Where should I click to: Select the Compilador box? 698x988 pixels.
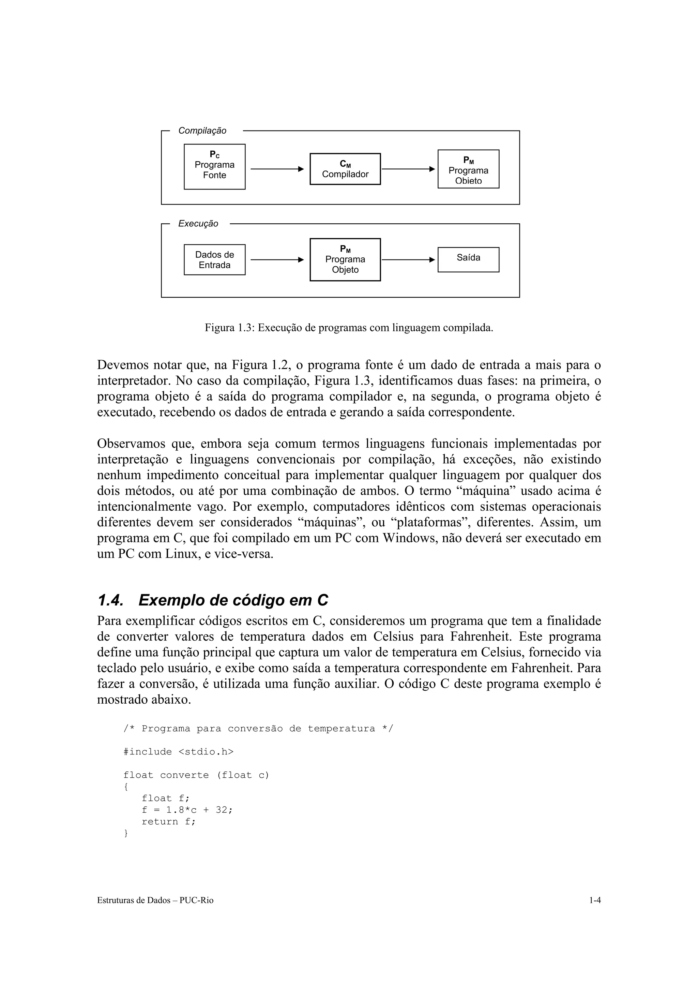tap(345, 169)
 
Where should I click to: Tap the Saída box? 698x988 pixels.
tap(468, 259)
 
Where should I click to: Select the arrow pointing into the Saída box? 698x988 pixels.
tap(408, 259)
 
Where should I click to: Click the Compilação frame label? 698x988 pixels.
tap(202, 130)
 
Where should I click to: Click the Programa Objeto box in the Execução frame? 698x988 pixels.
tap(345, 259)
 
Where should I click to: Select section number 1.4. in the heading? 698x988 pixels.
tap(110, 600)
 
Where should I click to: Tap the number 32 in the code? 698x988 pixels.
tap(221, 810)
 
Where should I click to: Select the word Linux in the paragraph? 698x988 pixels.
tap(182, 554)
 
